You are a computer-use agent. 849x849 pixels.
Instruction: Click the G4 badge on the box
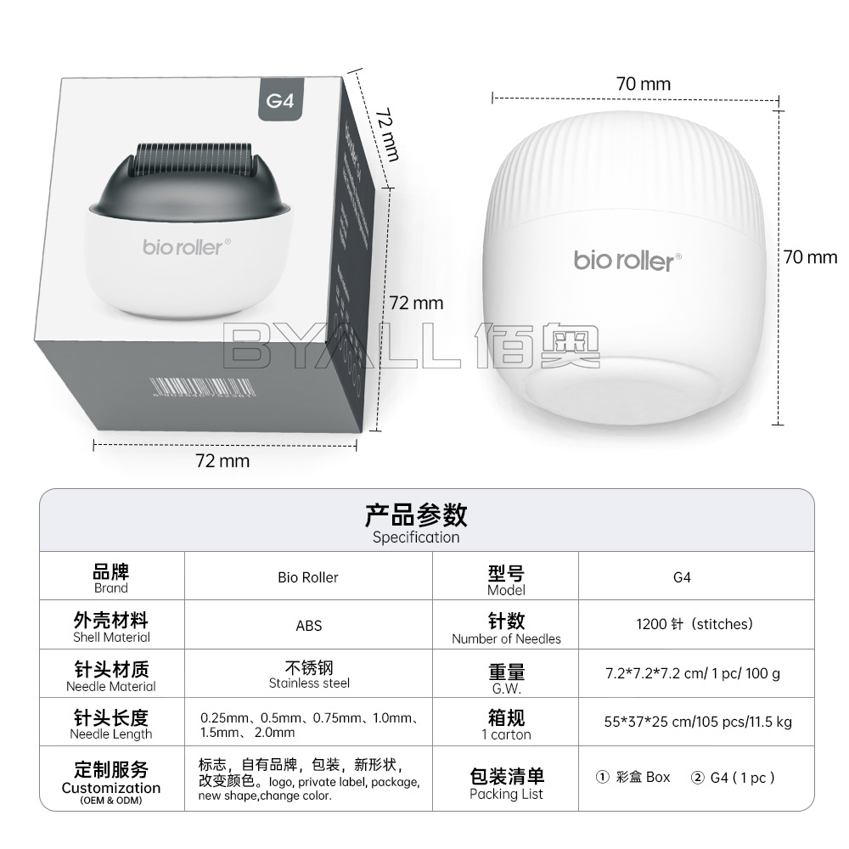279,100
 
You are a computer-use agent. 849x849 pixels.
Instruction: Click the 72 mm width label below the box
222,461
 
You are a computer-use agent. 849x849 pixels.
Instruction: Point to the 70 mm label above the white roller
643,84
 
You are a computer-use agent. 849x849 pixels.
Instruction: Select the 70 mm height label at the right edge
809,256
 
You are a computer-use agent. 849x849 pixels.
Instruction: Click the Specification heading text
416,537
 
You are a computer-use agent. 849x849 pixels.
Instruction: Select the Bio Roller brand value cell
308,577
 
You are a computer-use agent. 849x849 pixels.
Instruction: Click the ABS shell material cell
308,626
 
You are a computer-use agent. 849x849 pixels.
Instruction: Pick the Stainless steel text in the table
309,683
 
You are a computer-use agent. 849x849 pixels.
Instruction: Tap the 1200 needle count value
694,624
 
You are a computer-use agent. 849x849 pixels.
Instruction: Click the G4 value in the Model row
682,577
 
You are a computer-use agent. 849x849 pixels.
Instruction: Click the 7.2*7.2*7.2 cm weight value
692,673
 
